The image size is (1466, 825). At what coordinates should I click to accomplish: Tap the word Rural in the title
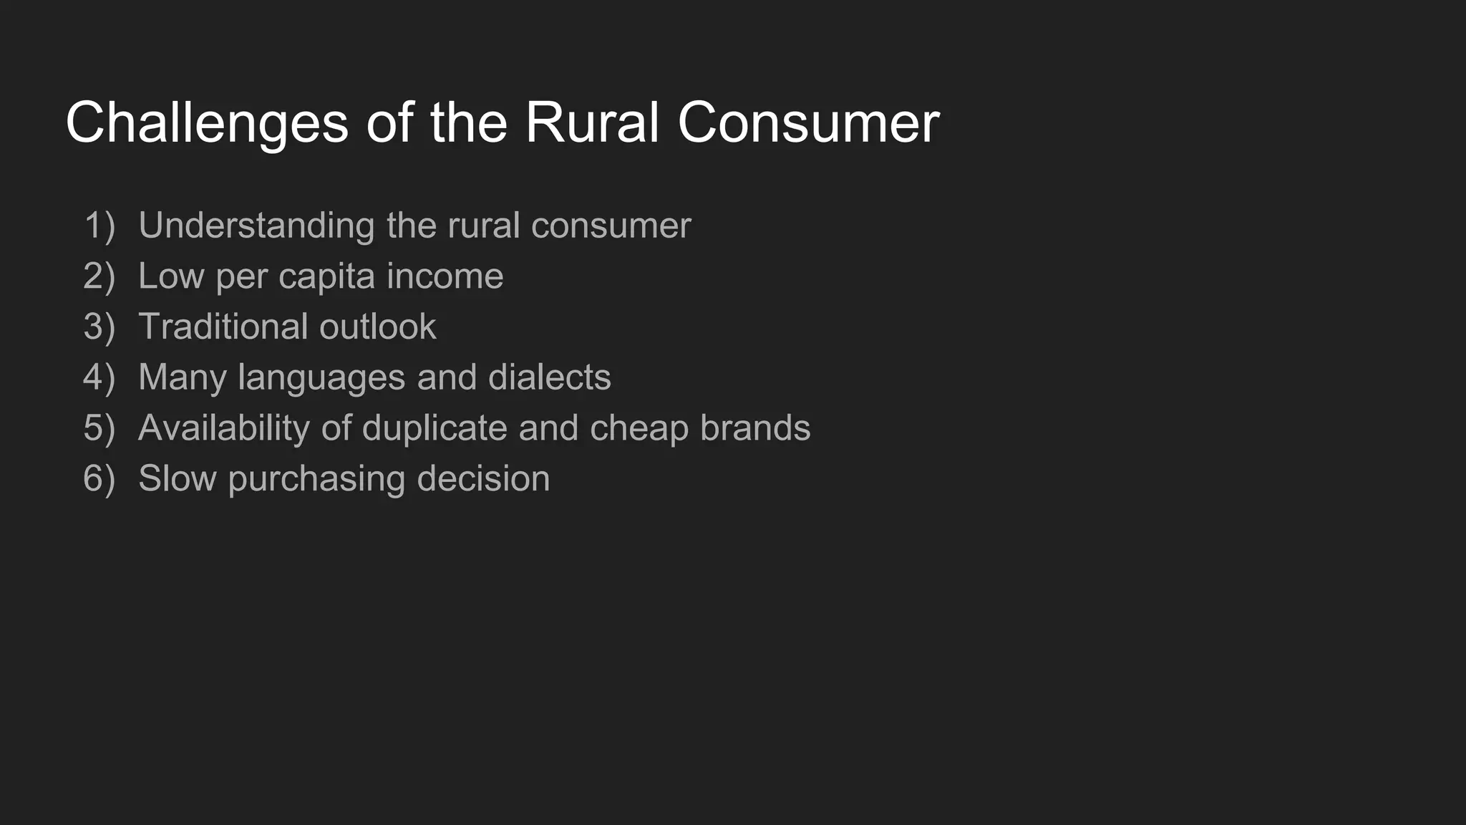591,123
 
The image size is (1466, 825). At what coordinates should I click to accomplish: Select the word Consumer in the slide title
808,123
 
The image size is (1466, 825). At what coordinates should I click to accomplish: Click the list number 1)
99,226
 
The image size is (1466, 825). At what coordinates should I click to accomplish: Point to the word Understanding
256,226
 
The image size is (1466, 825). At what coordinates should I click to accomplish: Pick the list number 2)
99,276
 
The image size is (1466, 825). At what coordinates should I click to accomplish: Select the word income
445,276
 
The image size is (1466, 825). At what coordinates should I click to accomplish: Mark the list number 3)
99,327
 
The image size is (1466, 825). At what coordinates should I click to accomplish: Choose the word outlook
377,327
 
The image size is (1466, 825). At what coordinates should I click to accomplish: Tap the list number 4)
99,377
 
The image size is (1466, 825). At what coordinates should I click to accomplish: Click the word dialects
549,377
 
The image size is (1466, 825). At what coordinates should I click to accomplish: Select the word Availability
223,428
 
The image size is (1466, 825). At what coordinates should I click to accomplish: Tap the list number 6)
99,479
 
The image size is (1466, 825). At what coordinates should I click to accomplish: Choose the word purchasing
316,479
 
